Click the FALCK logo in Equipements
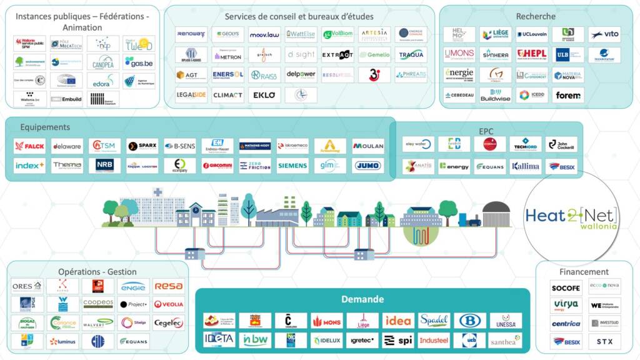click(x=29, y=146)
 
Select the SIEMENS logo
click(x=292, y=166)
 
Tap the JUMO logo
click(x=367, y=166)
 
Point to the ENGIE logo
click(x=133, y=286)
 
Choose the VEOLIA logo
click(x=169, y=304)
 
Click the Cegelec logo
click(x=169, y=322)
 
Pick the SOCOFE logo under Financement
click(x=566, y=287)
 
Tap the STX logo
click(x=604, y=342)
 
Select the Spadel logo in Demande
click(x=434, y=321)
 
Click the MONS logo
click(x=326, y=321)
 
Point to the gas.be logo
click(x=138, y=61)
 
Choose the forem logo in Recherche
click(x=568, y=95)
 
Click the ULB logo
click(x=568, y=54)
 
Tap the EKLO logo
click(x=264, y=95)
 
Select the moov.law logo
click(x=264, y=35)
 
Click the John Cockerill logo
click(x=561, y=144)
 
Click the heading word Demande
click(x=362, y=299)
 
